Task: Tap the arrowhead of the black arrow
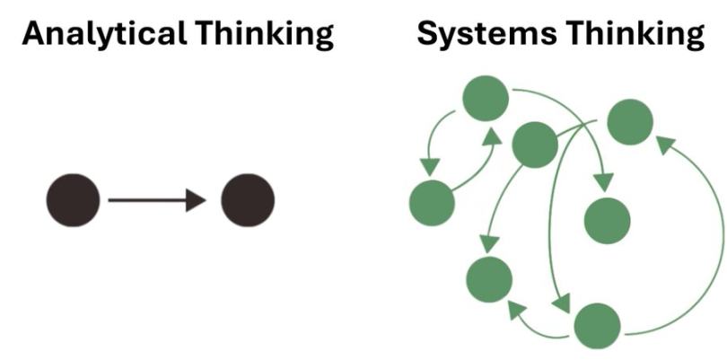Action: pos(197,200)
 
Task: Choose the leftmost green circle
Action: pos(432,203)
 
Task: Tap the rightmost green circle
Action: pos(630,122)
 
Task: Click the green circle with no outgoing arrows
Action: pos(608,221)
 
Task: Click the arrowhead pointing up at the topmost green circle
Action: pos(492,136)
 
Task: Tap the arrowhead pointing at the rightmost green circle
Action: pos(662,144)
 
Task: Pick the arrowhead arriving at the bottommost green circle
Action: pos(561,304)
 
